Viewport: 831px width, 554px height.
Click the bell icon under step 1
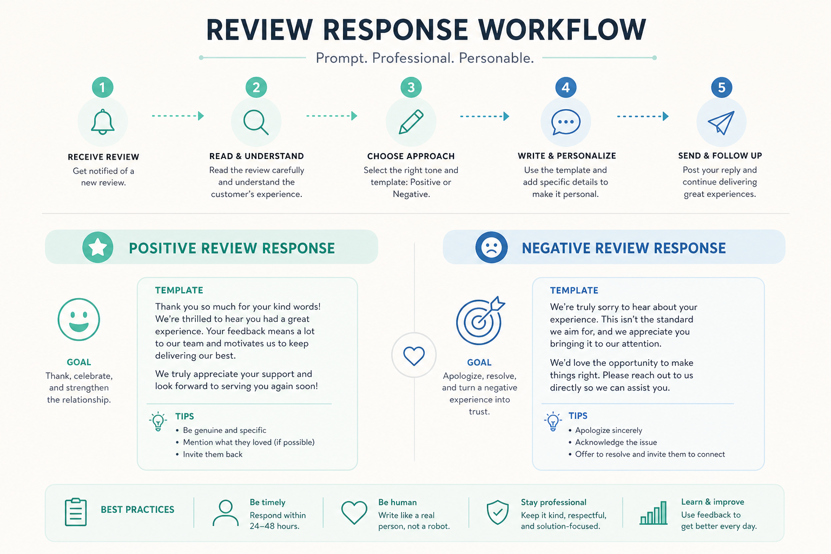pos(103,122)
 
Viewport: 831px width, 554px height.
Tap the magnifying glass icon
pos(255,122)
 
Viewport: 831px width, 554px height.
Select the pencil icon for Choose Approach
pos(411,122)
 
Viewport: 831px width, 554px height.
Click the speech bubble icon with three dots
pos(566,122)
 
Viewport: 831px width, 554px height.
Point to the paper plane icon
pos(721,122)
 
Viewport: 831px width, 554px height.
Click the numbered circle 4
pos(566,88)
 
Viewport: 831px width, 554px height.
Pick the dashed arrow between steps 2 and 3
pos(332,116)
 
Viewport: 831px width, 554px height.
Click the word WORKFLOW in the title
pos(562,30)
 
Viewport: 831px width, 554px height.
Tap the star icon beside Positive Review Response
pos(98,247)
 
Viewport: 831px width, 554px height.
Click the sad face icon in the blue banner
pos(492,247)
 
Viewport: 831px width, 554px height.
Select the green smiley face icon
pos(78,320)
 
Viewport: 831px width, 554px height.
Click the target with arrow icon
pos(480,321)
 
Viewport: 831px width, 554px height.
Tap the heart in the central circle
pos(414,356)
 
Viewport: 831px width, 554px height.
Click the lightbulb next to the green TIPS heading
pos(158,421)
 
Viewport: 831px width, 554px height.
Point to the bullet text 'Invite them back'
pos(213,454)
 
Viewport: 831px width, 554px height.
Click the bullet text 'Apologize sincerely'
pos(609,430)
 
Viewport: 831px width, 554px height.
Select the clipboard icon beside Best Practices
pos(76,512)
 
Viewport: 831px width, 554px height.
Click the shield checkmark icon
pos(498,512)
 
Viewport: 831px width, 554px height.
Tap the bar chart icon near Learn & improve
pos(654,513)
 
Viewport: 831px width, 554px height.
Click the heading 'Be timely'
pos(267,503)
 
